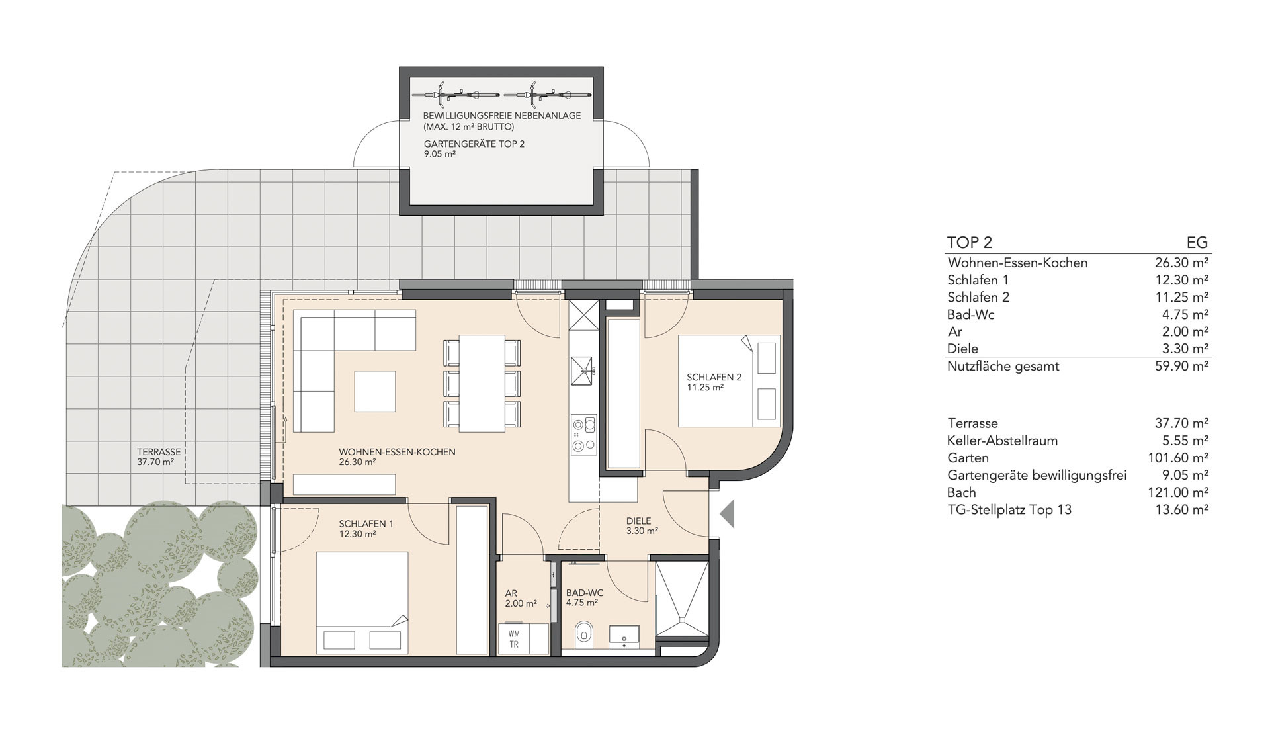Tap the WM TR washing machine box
coord(514,639)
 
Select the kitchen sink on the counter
coord(583,371)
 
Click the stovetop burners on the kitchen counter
coord(583,435)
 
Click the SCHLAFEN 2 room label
coord(714,377)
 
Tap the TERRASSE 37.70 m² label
coord(159,457)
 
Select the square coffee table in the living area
coord(375,391)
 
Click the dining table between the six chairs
coord(482,384)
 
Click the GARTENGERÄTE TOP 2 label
coord(474,144)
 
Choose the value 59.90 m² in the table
coord(1182,366)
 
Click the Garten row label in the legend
coord(968,458)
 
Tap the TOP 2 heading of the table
coord(970,243)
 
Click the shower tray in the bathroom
coord(681,600)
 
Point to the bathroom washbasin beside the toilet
coord(624,634)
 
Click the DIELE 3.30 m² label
coord(642,526)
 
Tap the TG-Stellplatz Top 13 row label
coord(1009,509)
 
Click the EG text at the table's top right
coord(1198,243)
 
